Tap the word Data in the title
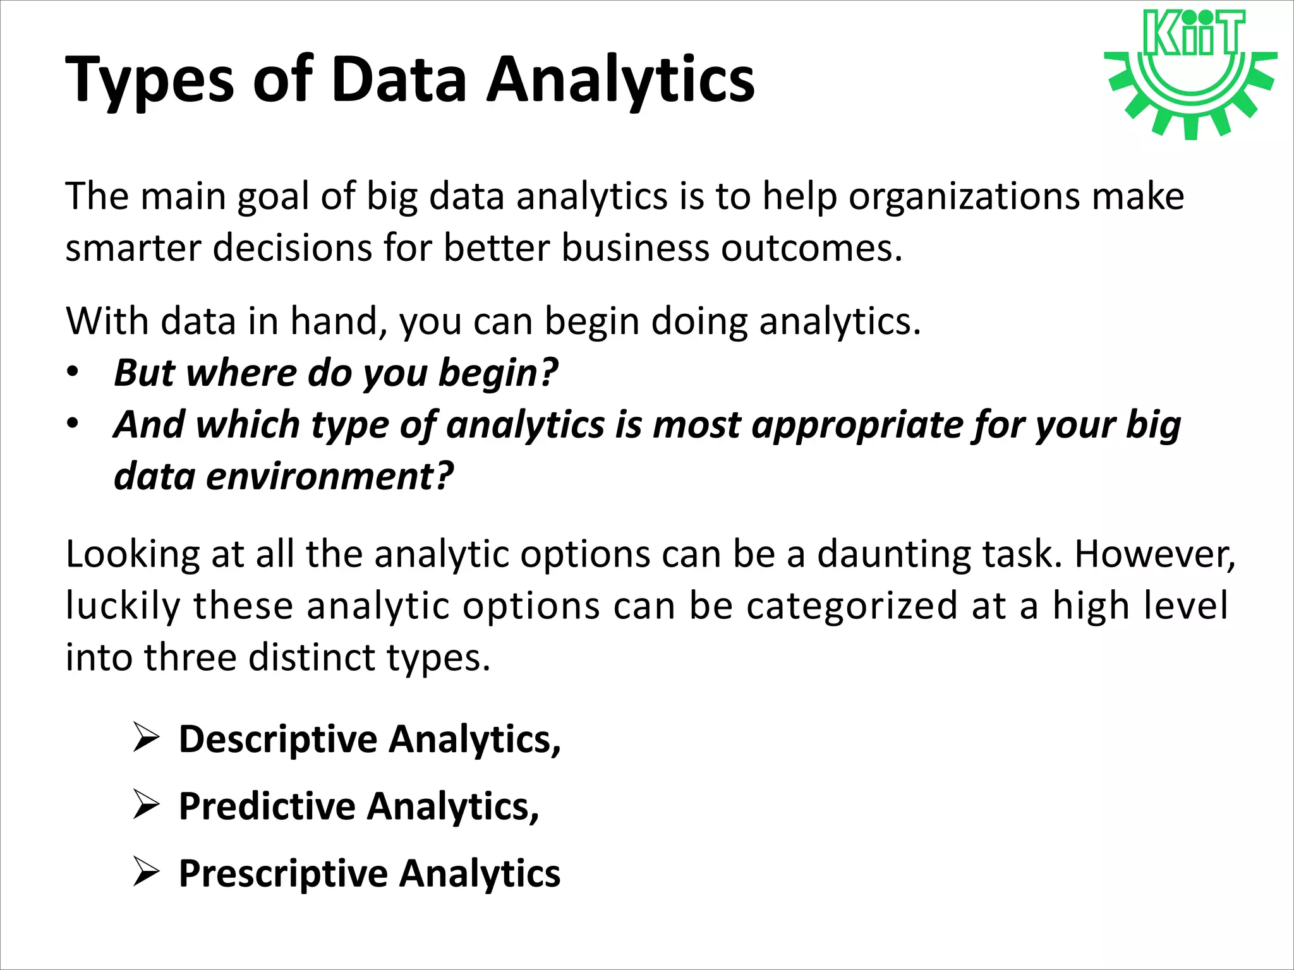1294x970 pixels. tap(399, 80)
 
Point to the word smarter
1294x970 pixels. tap(133, 248)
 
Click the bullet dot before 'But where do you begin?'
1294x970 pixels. tap(73, 372)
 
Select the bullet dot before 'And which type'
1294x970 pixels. tap(73, 423)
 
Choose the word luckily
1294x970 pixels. tap(123, 606)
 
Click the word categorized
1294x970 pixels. tap(852, 606)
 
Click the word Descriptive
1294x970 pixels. tap(278, 739)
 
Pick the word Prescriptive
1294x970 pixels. tap(283, 873)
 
